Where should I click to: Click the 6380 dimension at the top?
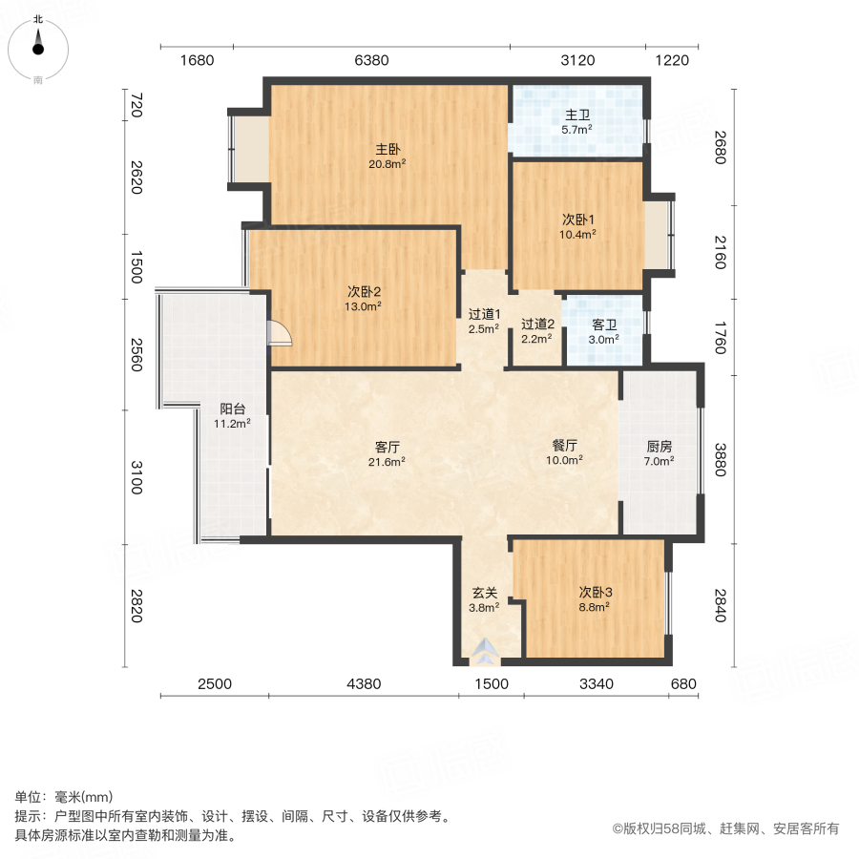click(x=371, y=60)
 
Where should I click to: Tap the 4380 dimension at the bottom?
click(x=364, y=683)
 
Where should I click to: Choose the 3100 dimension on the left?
click(x=136, y=476)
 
